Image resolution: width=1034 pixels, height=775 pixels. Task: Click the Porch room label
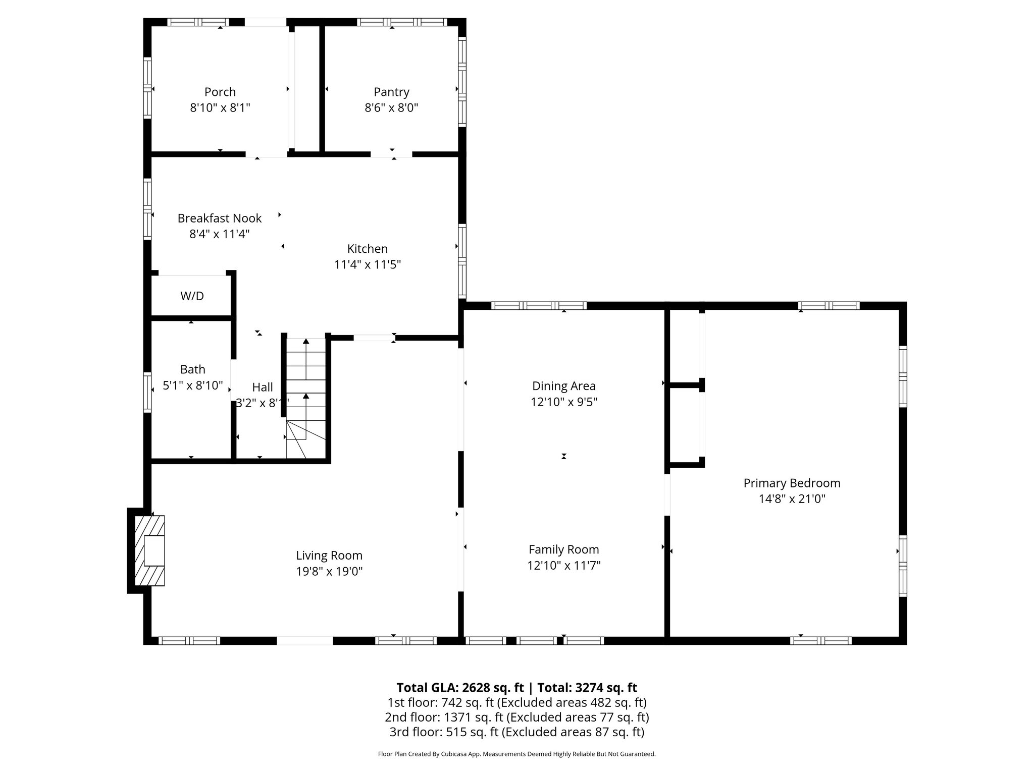pyautogui.click(x=220, y=92)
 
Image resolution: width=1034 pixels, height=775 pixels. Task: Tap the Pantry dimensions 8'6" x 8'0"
pyautogui.click(x=391, y=107)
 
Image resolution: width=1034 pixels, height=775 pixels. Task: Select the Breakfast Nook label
pyautogui.click(x=219, y=218)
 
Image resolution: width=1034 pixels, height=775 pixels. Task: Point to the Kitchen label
pyautogui.click(x=367, y=248)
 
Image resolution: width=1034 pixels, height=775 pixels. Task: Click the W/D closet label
pyautogui.click(x=192, y=296)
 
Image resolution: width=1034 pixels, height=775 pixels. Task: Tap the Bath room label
pyautogui.click(x=192, y=369)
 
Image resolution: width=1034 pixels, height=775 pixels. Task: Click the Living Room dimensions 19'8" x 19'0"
pyautogui.click(x=329, y=571)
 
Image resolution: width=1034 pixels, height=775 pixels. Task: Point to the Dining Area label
pyautogui.click(x=563, y=386)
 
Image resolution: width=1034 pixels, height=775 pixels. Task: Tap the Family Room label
pyautogui.click(x=563, y=549)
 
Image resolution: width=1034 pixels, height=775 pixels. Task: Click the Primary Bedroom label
pyautogui.click(x=792, y=483)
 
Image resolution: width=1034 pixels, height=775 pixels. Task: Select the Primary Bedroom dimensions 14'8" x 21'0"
pyautogui.click(x=792, y=499)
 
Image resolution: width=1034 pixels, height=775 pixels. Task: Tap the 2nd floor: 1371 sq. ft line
pyautogui.click(x=516, y=717)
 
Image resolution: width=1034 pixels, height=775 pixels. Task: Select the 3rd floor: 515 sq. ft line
pyautogui.click(x=516, y=732)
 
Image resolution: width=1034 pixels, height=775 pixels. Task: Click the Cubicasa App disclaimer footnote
pyautogui.click(x=516, y=754)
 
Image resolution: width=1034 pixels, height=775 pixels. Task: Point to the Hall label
pyautogui.click(x=262, y=387)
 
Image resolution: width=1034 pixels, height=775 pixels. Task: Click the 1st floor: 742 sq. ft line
pyautogui.click(x=516, y=702)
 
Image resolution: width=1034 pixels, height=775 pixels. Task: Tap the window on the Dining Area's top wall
pyautogui.click(x=538, y=305)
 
